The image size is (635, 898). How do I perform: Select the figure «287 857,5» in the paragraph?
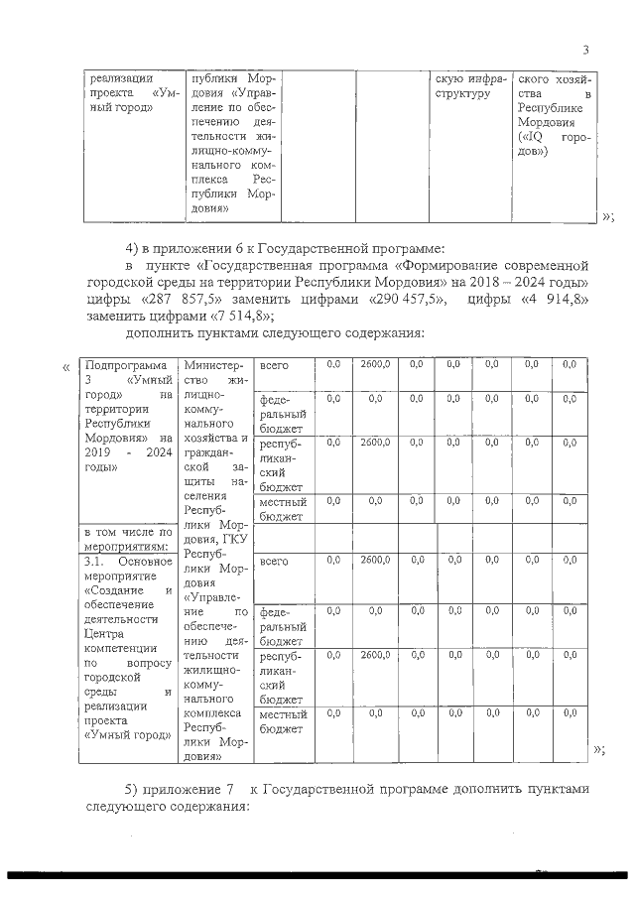pos(191,299)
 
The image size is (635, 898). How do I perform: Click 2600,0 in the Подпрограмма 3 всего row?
pos(375,365)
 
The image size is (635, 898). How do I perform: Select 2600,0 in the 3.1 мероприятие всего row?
pos(375,561)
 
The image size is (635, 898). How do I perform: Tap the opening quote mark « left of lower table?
pos(65,367)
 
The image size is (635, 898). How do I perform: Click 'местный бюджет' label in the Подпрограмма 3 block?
pos(282,509)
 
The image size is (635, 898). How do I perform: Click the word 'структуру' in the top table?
pos(464,94)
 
